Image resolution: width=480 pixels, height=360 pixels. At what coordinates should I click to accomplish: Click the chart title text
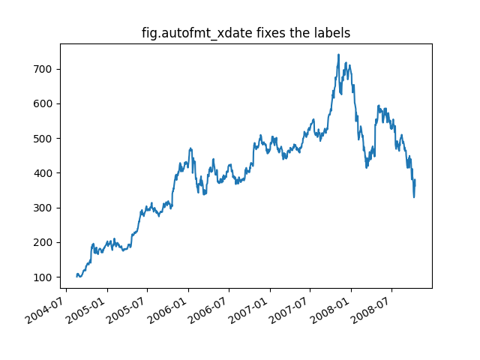[246, 33]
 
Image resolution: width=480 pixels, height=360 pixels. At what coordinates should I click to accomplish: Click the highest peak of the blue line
[338, 55]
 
